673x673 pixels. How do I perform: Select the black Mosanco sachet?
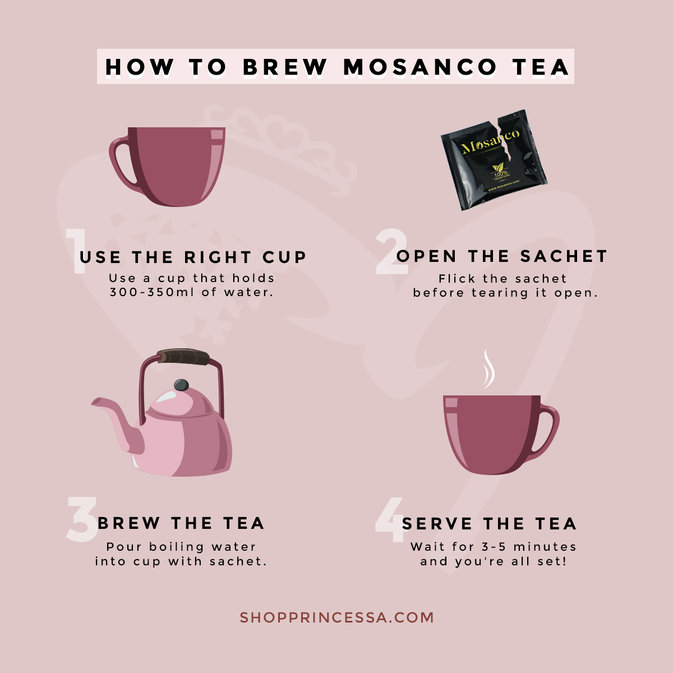coord(494,160)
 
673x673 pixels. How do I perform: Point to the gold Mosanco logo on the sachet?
coord(490,142)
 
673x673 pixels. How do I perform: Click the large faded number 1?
coord(76,251)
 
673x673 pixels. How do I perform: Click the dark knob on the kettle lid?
coord(181,385)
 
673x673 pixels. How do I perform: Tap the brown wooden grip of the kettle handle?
coord(183,357)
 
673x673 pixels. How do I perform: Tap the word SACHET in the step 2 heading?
coord(563,256)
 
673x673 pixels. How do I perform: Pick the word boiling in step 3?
coord(176,547)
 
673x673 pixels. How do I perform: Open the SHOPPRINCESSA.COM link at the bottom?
coord(336,617)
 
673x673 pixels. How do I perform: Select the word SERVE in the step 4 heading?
coord(437,523)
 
